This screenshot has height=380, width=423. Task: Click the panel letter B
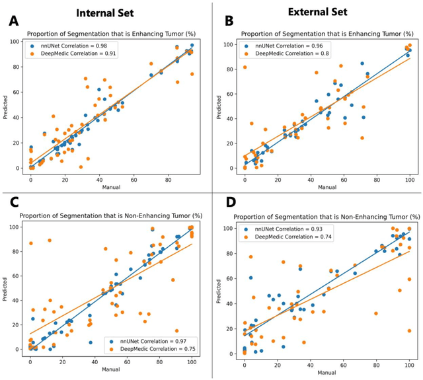[223, 20]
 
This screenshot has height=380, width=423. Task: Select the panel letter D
[223, 206]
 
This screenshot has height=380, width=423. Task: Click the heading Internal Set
[105, 13]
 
